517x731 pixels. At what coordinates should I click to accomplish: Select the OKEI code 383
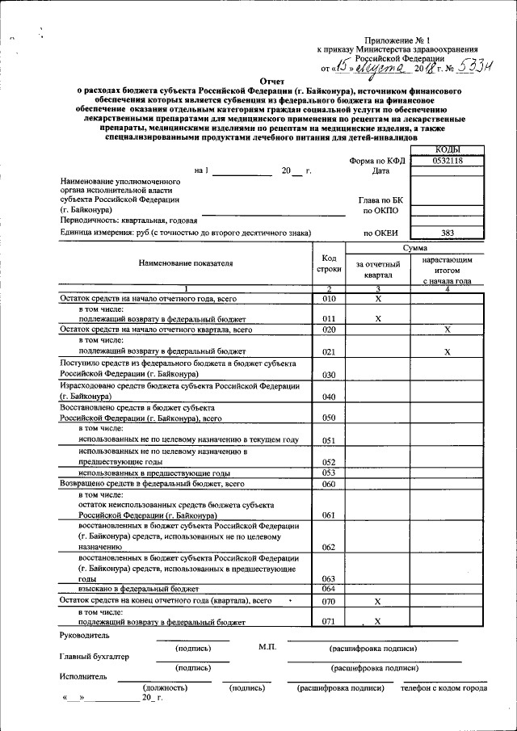click(x=448, y=233)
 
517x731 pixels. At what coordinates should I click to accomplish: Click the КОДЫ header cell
click(x=448, y=149)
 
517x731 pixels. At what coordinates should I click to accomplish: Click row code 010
click(x=329, y=298)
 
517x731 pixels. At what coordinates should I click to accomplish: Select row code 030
click(x=329, y=375)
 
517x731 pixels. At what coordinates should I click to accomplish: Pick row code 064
click(x=329, y=588)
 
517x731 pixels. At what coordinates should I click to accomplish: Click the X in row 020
click(x=447, y=330)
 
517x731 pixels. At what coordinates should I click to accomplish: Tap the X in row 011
click(x=377, y=319)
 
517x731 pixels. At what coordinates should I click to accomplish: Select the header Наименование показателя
click(x=185, y=263)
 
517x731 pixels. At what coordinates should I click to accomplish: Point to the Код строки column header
click(x=329, y=263)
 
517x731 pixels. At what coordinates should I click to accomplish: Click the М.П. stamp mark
click(x=268, y=647)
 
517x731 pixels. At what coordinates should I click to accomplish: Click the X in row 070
click(x=377, y=602)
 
